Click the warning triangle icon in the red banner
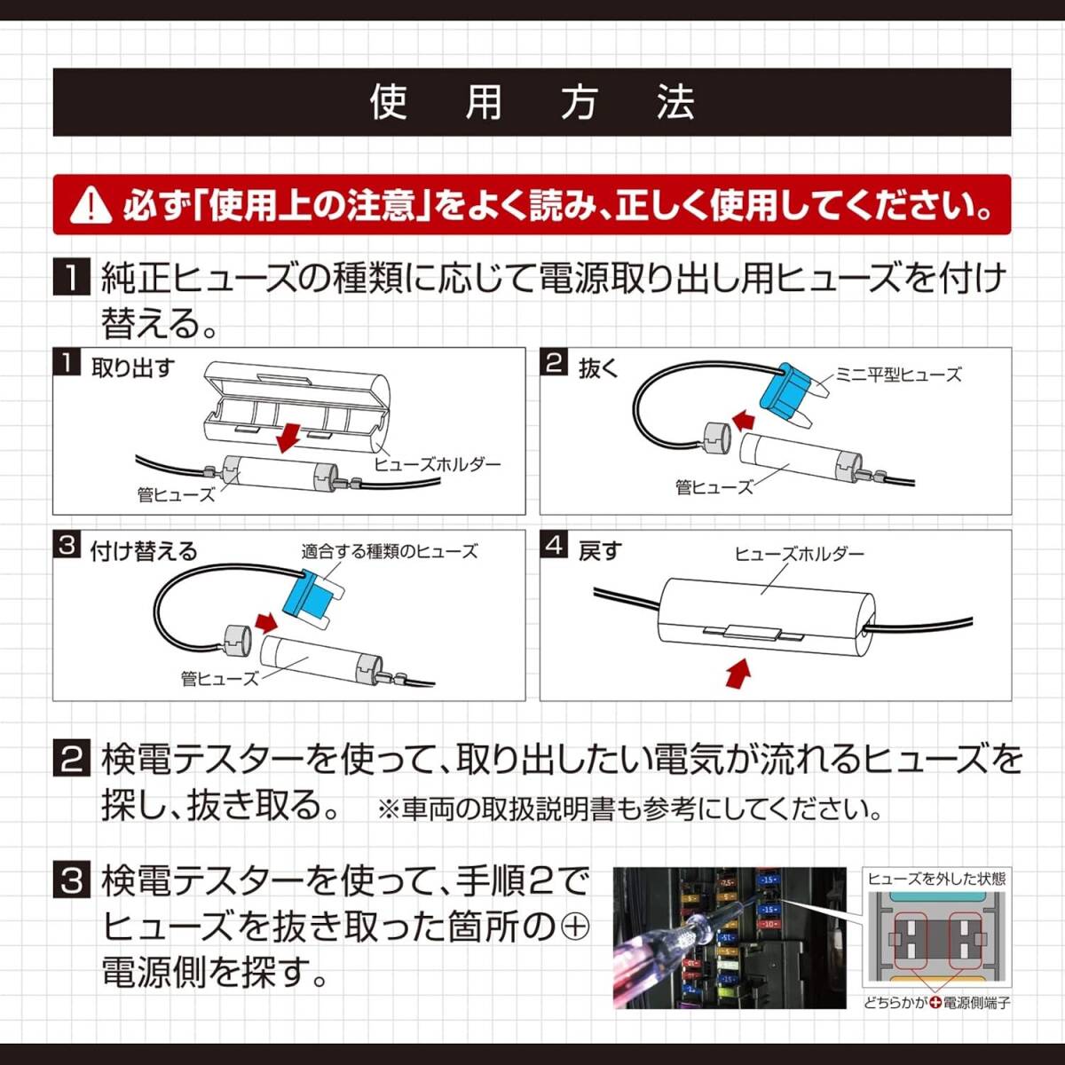point(90,206)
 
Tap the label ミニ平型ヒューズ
point(898,375)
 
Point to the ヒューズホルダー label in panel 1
point(437,463)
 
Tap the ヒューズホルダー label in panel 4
point(799,553)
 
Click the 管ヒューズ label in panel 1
point(176,494)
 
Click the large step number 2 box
point(72,760)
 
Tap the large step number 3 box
point(72,881)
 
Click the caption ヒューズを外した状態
point(936,879)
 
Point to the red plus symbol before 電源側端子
point(935,1003)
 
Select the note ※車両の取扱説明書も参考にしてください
point(630,809)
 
